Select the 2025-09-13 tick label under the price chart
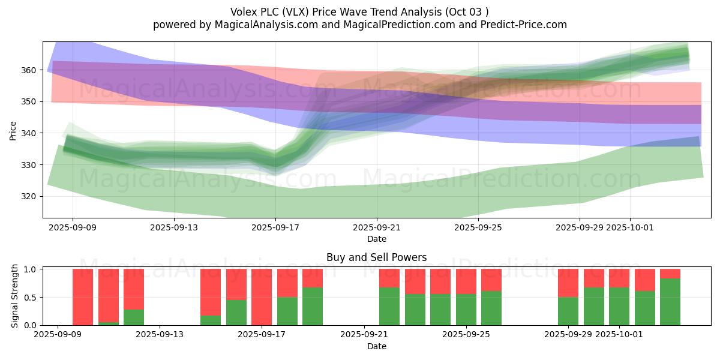pyautogui.click(x=174, y=228)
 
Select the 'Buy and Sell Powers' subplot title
pyautogui.click(x=376, y=257)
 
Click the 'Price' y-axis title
pyautogui.click(x=13, y=130)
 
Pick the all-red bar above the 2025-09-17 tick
pyautogui.click(x=262, y=297)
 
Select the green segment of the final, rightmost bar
pyautogui.click(x=670, y=302)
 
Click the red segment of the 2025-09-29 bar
pyautogui.click(x=568, y=283)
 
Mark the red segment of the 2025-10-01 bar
pyautogui.click(x=619, y=278)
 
